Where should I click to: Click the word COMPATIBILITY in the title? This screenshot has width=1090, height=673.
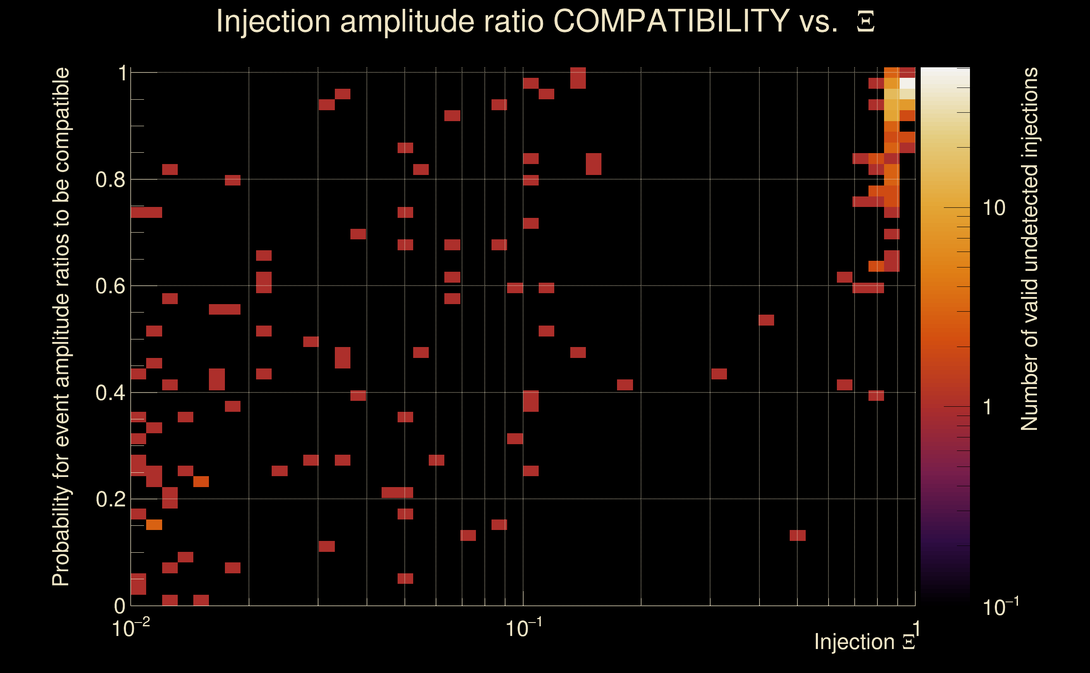tap(671, 21)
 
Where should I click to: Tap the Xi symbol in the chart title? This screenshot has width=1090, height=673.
tap(866, 22)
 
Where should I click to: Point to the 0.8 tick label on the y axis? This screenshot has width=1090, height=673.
tap(110, 180)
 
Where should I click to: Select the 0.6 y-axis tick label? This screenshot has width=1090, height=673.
tap(110, 286)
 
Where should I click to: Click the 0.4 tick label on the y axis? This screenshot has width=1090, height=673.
tap(110, 393)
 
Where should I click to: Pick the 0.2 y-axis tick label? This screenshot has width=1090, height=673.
tap(110, 499)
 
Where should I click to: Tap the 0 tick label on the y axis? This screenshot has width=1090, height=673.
tap(120, 606)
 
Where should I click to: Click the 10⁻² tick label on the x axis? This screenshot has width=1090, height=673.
tap(131, 628)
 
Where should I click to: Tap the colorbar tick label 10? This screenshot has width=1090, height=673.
tap(994, 208)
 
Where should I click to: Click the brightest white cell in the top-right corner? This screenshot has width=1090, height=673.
tap(907, 83)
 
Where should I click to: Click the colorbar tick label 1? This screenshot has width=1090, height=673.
tap(988, 407)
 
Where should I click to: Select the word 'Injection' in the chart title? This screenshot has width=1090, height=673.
tap(273, 21)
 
